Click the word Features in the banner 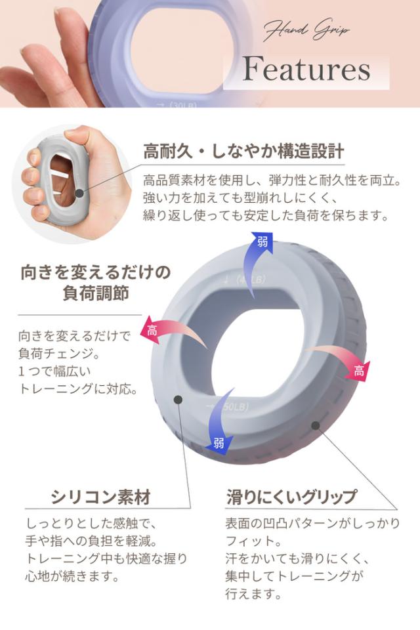click(x=306, y=69)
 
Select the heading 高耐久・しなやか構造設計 click(x=243, y=152)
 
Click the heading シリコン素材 click(x=100, y=497)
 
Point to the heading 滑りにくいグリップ click(x=291, y=497)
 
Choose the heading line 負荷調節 click(x=96, y=293)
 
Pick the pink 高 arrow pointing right click(x=342, y=362)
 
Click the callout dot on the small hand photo click(x=79, y=193)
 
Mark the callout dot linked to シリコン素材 click(x=178, y=399)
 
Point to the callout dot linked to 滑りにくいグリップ click(x=316, y=425)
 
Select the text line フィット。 click(x=253, y=541)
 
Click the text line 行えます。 click(x=253, y=593)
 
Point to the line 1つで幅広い click(x=54, y=371)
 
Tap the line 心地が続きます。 click(x=72, y=577)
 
